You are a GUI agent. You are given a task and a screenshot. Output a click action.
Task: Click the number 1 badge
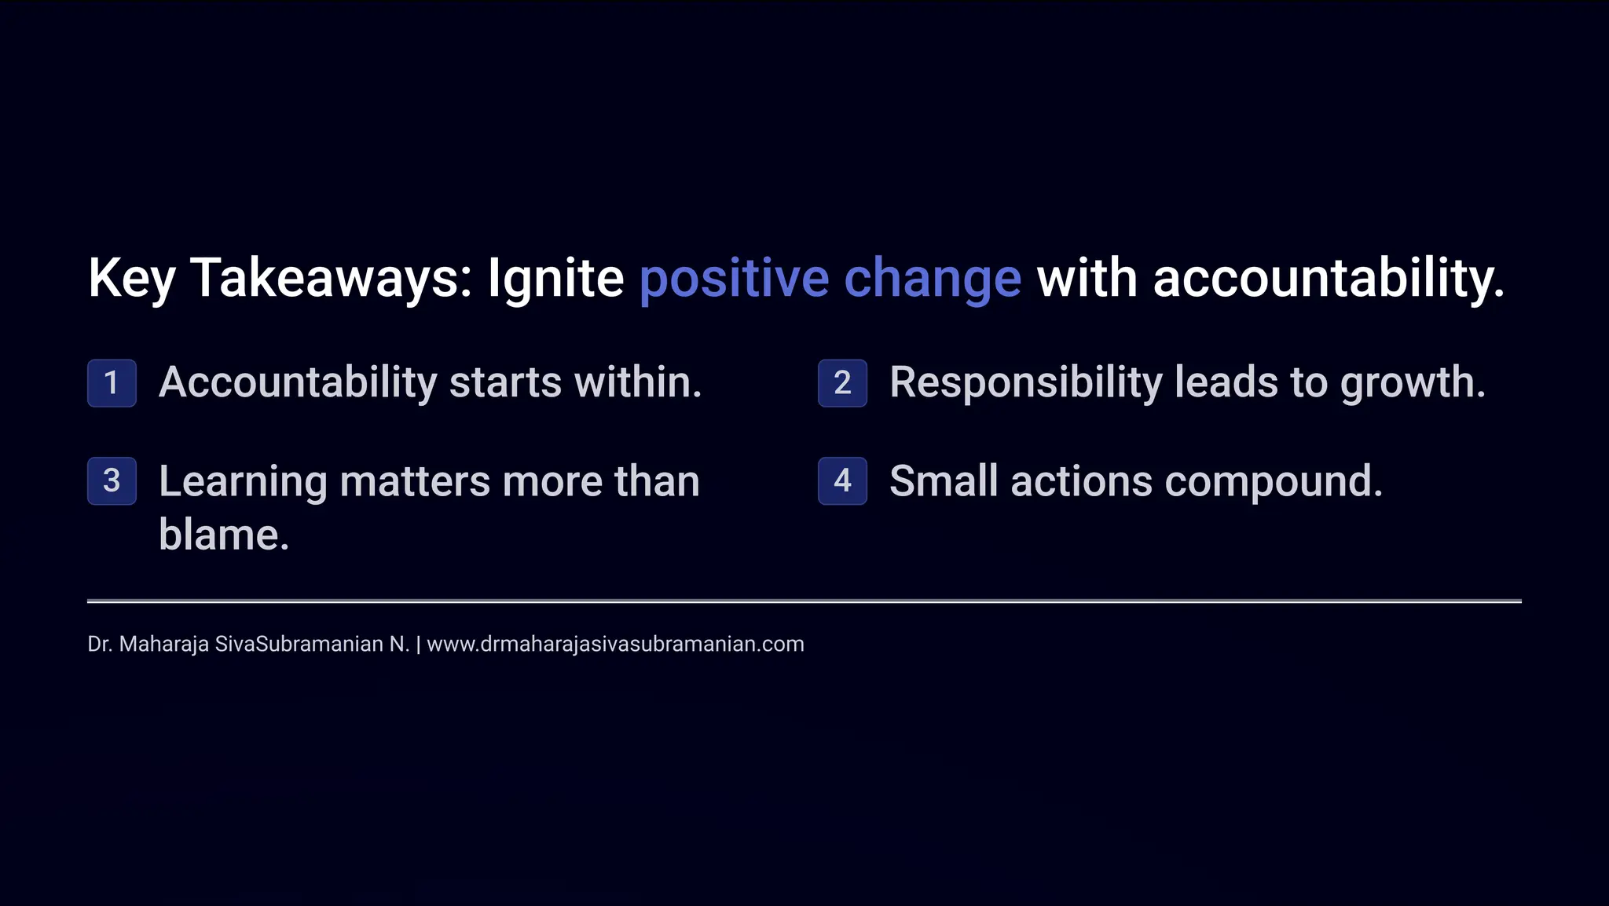(x=112, y=383)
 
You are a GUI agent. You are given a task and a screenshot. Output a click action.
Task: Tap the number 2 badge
(x=842, y=383)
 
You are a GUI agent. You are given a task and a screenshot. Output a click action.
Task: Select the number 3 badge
(x=112, y=480)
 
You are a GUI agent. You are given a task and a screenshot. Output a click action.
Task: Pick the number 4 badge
(x=842, y=480)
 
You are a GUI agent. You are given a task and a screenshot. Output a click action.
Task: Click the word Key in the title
(x=131, y=279)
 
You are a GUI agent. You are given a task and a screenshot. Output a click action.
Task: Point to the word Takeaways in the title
(x=330, y=279)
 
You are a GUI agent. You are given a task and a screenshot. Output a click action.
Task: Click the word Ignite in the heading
(x=555, y=279)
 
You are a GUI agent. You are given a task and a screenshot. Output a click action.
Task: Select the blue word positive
(x=734, y=279)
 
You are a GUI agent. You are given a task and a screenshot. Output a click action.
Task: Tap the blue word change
(x=933, y=279)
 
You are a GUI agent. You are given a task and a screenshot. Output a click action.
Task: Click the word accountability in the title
(x=1329, y=279)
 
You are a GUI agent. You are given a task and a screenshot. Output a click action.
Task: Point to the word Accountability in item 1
(x=298, y=383)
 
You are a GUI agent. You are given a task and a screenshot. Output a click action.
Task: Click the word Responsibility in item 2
(x=1025, y=383)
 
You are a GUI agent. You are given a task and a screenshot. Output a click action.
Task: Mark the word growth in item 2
(x=1413, y=383)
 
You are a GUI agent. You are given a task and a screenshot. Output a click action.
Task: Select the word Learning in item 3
(x=243, y=482)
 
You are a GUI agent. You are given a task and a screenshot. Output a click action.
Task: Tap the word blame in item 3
(x=224, y=535)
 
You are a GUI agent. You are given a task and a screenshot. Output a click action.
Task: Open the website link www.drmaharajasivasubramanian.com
(x=615, y=645)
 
